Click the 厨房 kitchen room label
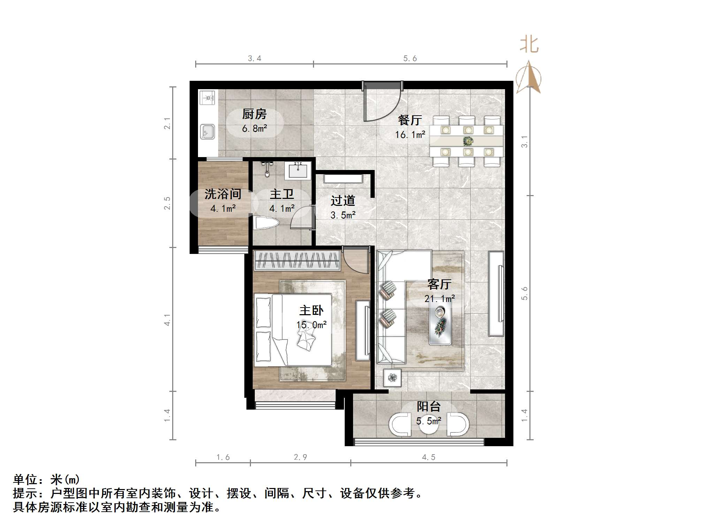click(x=254, y=114)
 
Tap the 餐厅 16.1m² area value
click(x=410, y=134)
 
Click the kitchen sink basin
click(x=207, y=132)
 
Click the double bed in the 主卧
click(x=293, y=330)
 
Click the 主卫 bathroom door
click(x=302, y=218)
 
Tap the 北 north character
click(x=529, y=45)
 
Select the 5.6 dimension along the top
click(x=410, y=59)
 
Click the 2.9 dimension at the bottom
click(x=300, y=457)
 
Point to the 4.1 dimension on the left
click(x=167, y=319)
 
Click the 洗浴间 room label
click(x=223, y=194)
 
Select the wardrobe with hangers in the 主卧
click(x=297, y=260)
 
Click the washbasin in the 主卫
click(x=298, y=170)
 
